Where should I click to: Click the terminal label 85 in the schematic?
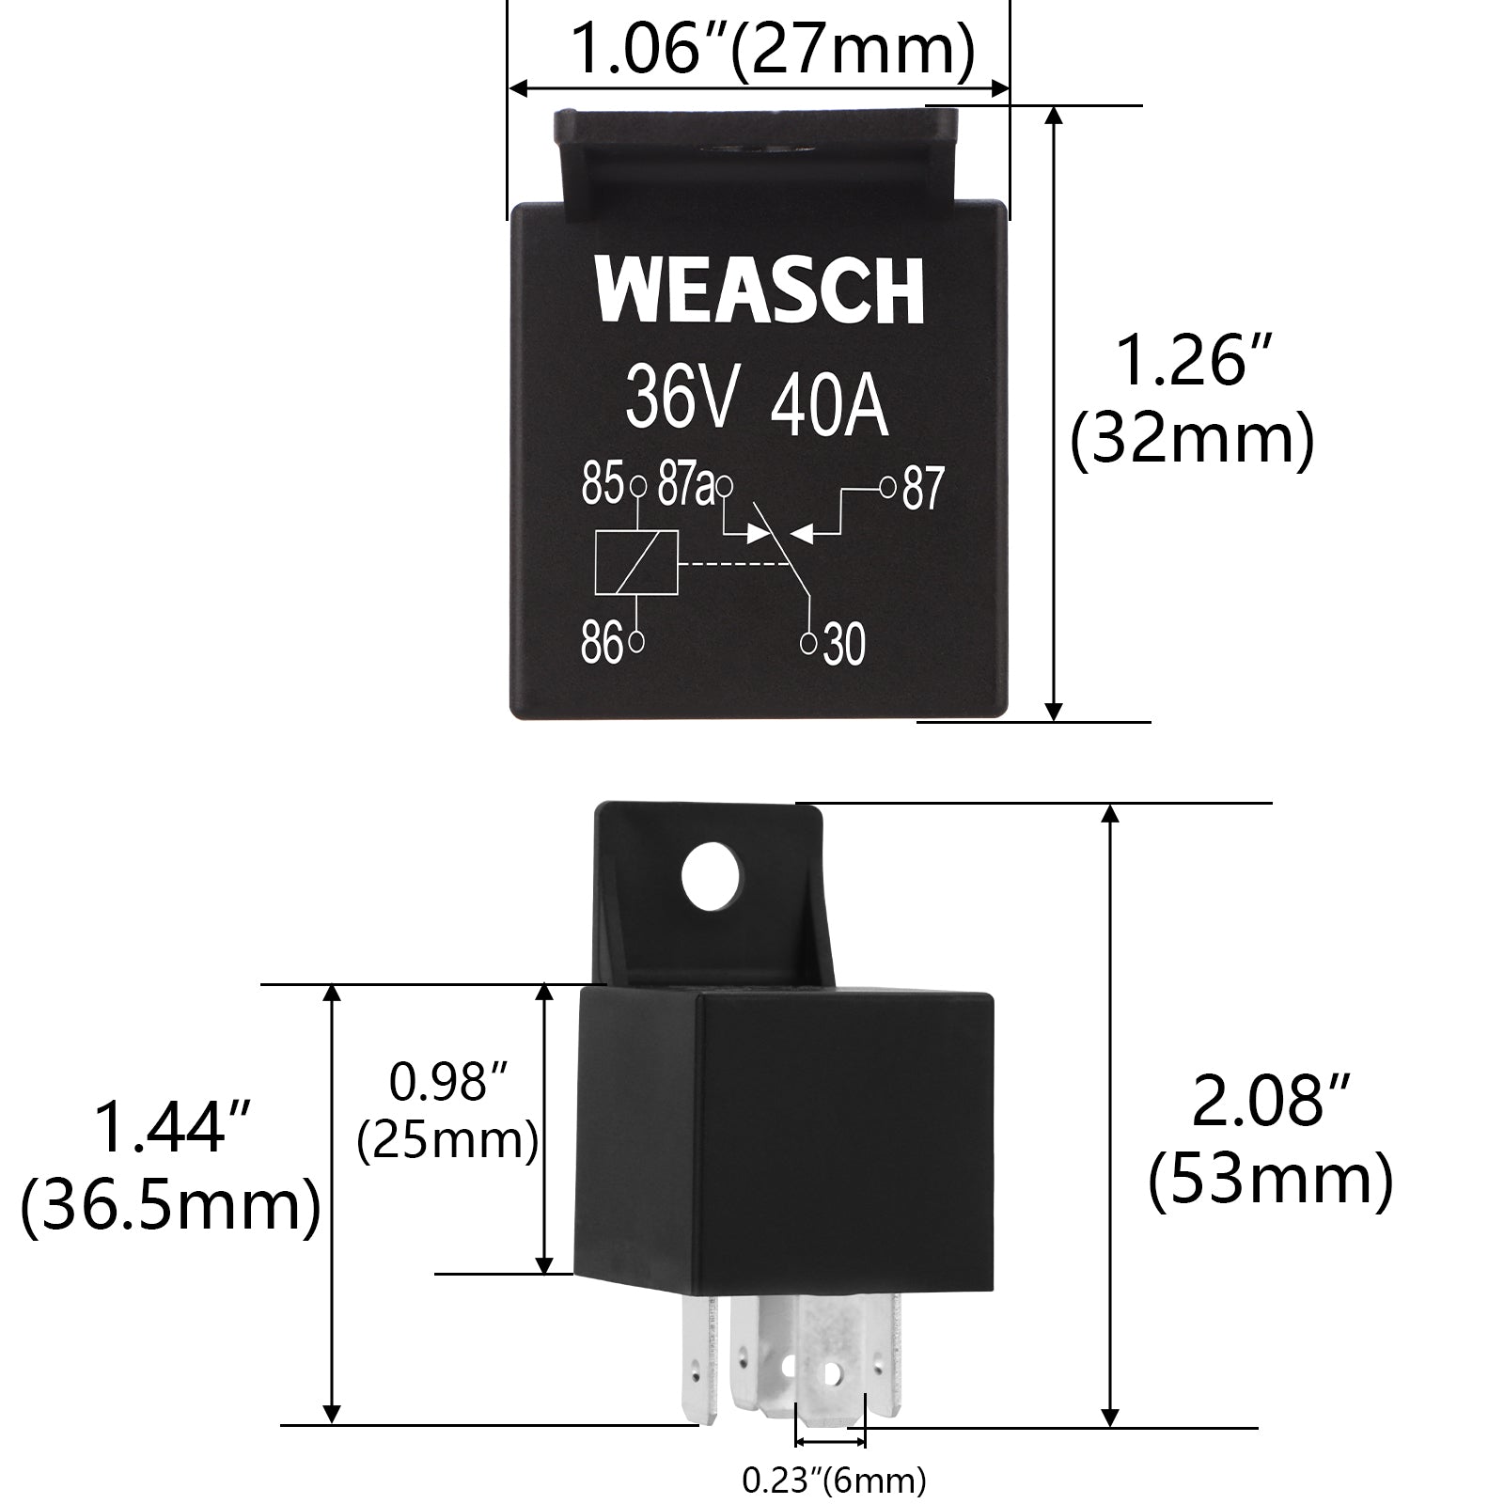point(602,486)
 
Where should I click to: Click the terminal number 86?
point(603,644)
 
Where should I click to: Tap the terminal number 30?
point(843,646)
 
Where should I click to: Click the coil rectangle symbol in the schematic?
point(637,563)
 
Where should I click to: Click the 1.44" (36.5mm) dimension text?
point(171,1167)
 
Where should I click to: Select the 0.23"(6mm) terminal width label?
point(834,1480)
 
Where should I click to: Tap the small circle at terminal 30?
point(808,643)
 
